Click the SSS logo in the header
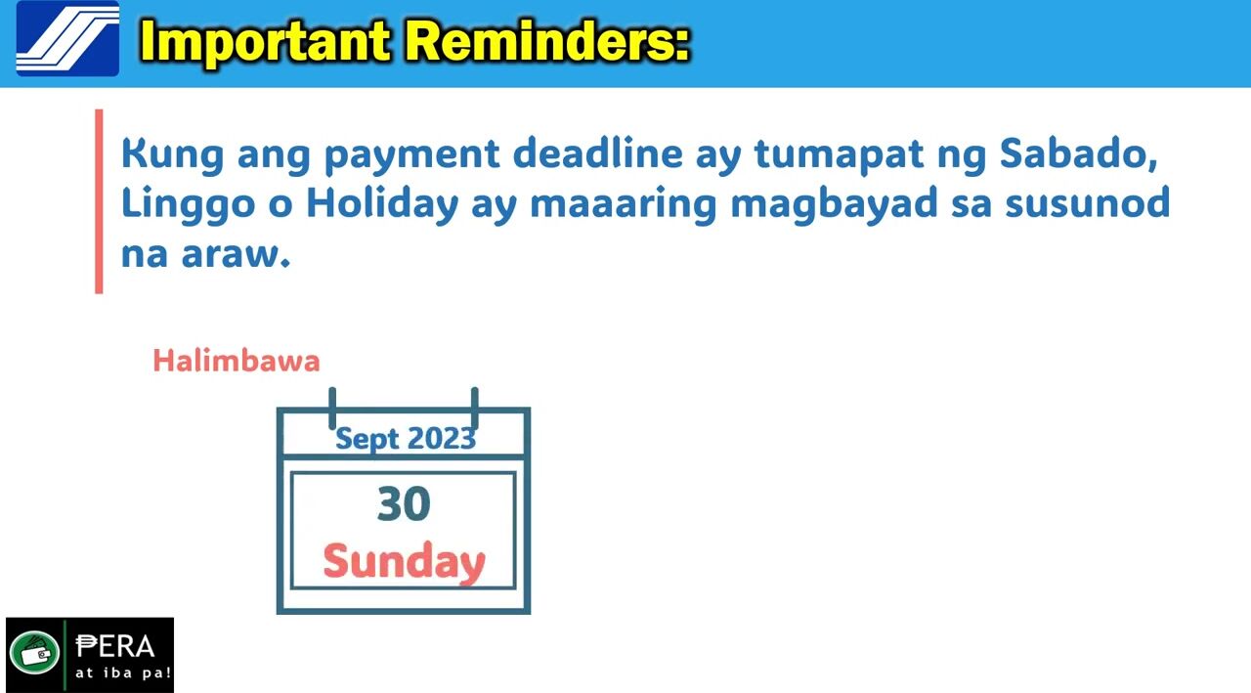coord(67,38)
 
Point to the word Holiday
coord(382,204)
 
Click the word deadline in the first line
coord(597,153)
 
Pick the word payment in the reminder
coord(411,155)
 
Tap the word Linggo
coord(189,205)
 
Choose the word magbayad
coord(834,204)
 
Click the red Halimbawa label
coord(237,361)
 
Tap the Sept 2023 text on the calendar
coord(406,438)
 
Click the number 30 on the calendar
coord(404,503)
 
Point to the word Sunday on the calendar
coord(404,562)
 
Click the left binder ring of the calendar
coord(332,409)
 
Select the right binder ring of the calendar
coord(475,409)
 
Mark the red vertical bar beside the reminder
coord(99,201)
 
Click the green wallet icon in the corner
coord(34,652)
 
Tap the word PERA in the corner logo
coord(115,647)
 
